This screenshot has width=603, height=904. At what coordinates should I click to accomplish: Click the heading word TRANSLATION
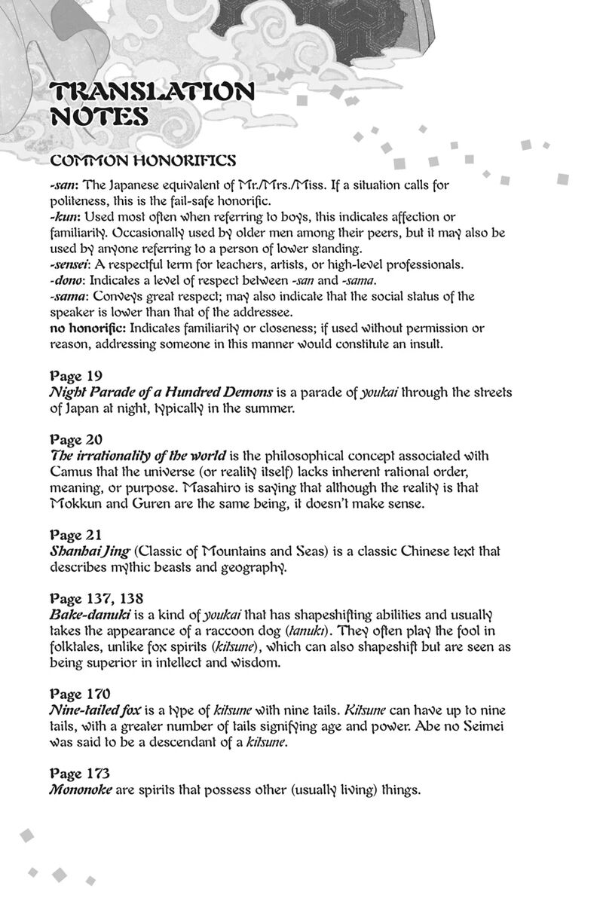[x=152, y=93]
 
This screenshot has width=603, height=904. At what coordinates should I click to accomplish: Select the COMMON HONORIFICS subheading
[x=142, y=160]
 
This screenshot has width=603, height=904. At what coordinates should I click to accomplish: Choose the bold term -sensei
[x=72, y=265]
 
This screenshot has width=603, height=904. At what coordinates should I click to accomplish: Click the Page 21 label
[x=75, y=536]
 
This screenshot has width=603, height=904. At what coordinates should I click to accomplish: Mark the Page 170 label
[x=78, y=694]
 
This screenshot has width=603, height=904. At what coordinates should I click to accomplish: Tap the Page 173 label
[x=78, y=774]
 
